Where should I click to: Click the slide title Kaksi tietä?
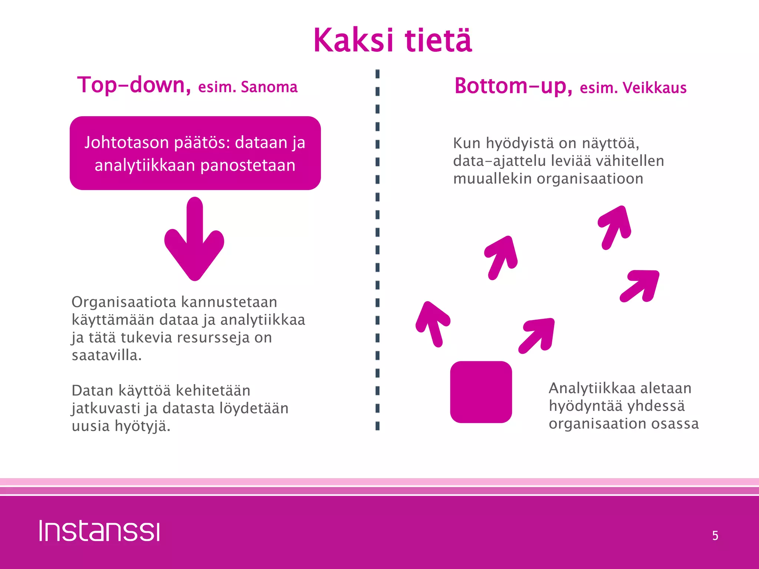pos(392,40)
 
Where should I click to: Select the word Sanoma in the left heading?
pos(269,87)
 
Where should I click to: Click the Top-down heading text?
pos(133,85)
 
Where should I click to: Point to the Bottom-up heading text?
pos(513,86)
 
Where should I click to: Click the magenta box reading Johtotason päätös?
pos(195,153)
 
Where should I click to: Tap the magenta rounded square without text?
pos(481,392)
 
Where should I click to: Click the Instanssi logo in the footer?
pos(99,531)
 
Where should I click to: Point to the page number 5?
pos(715,536)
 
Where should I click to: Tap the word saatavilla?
pos(106,355)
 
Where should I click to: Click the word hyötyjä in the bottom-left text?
pos(142,426)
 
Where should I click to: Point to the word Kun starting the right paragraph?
pos(467,143)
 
